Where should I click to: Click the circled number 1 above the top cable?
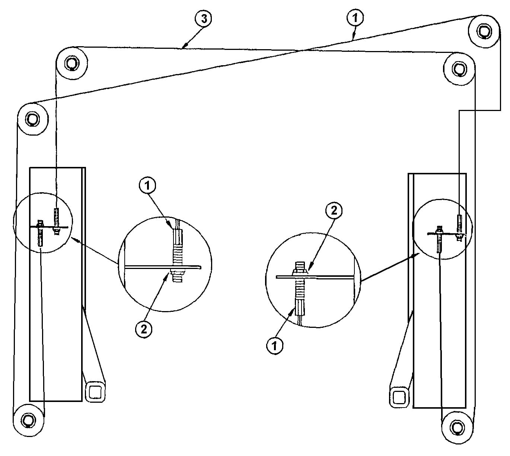[355, 18]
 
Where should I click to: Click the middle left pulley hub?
[32, 118]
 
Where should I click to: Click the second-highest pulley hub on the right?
[459, 69]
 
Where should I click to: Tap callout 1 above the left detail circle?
[147, 186]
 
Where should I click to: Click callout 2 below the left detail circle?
[144, 329]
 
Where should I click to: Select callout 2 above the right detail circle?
[334, 210]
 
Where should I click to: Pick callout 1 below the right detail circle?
[275, 346]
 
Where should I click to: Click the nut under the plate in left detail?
[178, 272]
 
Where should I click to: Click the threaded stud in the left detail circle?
[178, 263]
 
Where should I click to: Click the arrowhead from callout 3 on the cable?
[184, 47]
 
